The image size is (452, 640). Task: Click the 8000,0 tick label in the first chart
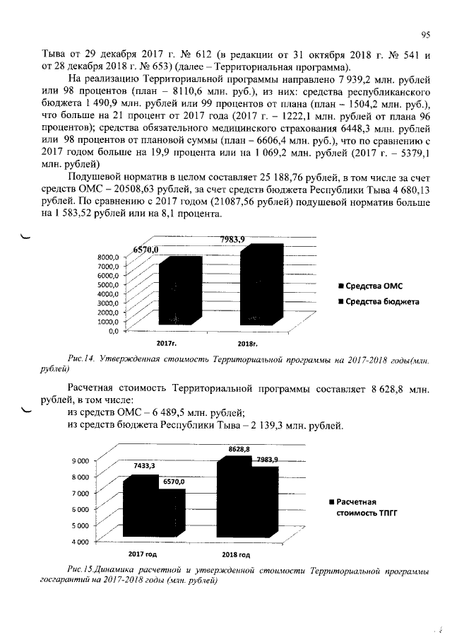[107, 257]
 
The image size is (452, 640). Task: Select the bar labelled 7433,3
[138, 506]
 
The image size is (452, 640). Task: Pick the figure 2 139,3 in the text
[273, 425]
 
